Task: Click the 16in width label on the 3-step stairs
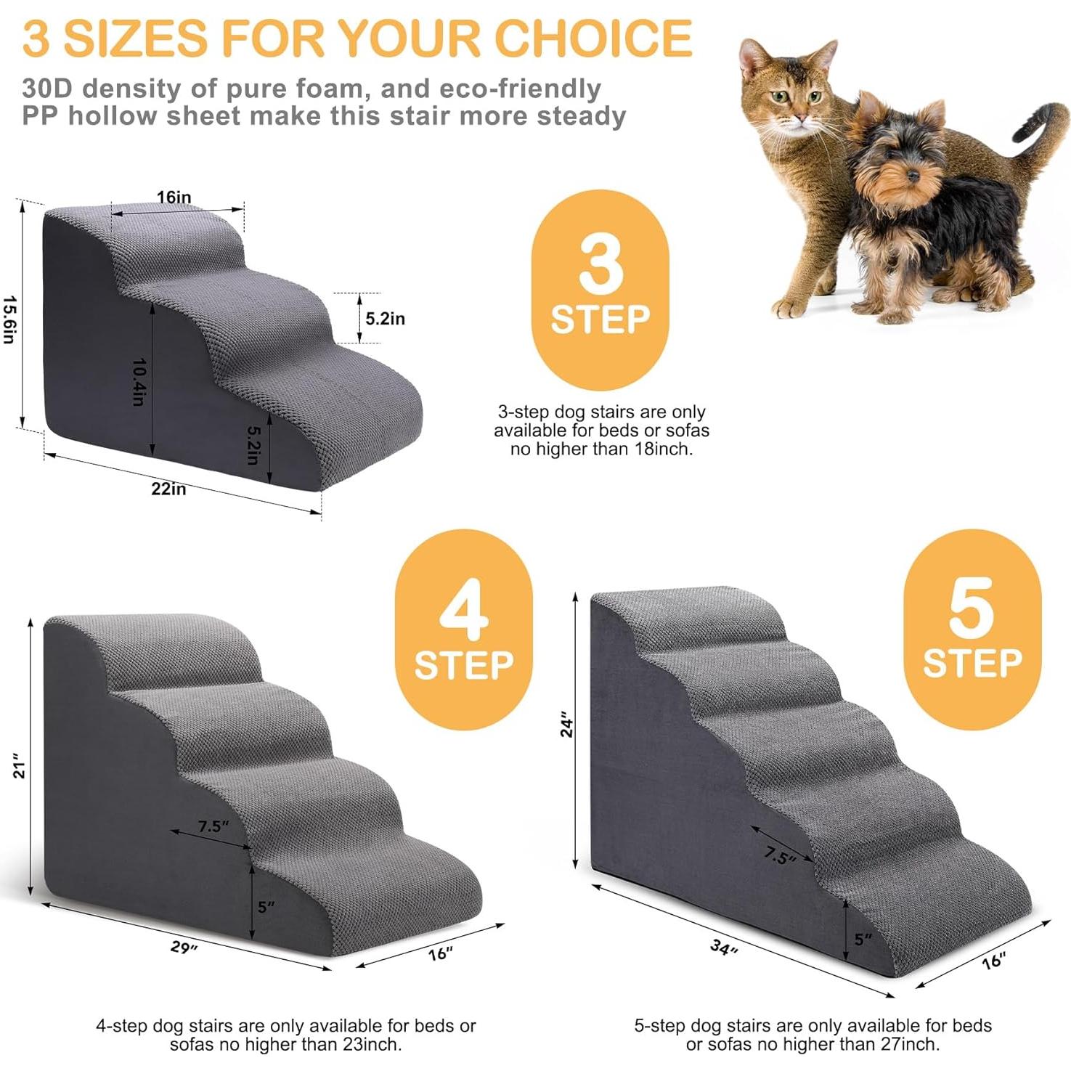point(174,197)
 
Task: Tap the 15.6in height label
point(9,319)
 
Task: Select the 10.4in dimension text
point(139,382)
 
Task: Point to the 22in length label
point(168,489)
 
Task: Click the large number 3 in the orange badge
point(600,265)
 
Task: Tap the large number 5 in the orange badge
point(972,608)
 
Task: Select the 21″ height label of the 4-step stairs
point(20,770)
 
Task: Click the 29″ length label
point(184,948)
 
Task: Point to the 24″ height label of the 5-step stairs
point(566,727)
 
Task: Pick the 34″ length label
point(723,948)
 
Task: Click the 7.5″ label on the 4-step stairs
point(213,826)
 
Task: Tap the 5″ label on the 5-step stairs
point(862,940)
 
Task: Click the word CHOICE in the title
point(593,38)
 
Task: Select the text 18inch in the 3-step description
point(661,449)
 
